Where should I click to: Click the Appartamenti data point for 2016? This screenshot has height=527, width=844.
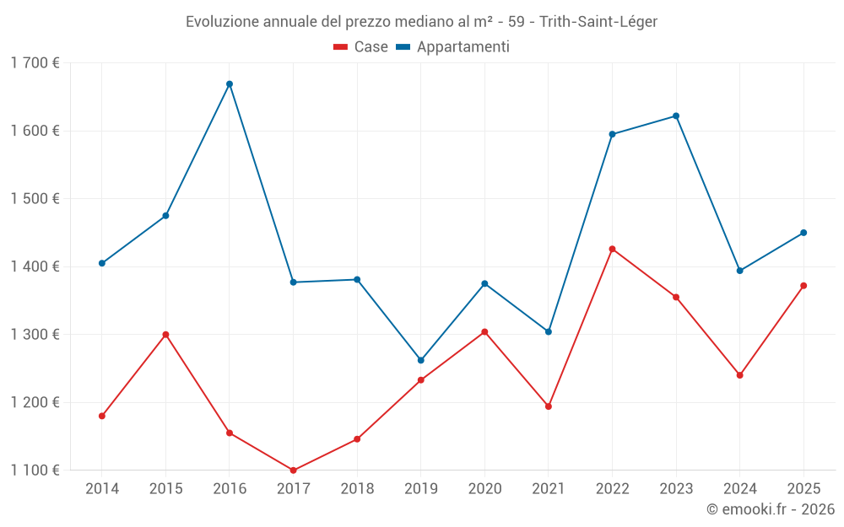click(x=230, y=84)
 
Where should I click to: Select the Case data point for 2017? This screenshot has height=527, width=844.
click(x=293, y=471)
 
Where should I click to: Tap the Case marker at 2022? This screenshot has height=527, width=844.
click(x=612, y=249)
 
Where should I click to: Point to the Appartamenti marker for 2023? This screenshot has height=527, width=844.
click(x=676, y=116)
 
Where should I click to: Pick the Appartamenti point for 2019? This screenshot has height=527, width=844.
click(x=421, y=360)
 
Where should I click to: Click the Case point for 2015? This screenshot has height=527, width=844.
click(x=165, y=335)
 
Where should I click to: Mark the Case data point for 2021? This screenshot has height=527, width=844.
click(x=549, y=406)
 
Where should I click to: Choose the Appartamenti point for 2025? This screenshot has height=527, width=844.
click(x=803, y=233)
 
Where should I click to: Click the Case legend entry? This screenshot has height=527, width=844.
click(x=361, y=47)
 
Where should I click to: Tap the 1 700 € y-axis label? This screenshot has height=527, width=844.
click(x=35, y=63)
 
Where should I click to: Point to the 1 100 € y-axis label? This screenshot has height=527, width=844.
click(x=35, y=471)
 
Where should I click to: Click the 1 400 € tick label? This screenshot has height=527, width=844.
click(x=35, y=266)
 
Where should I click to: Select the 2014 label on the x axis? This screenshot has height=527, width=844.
click(x=102, y=489)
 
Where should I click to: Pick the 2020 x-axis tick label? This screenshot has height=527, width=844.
click(x=484, y=489)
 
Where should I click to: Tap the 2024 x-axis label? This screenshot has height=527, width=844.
click(x=739, y=489)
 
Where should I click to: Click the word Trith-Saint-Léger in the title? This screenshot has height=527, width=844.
click(x=600, y=21)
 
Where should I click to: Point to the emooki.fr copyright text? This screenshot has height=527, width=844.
click(x=771, y=509)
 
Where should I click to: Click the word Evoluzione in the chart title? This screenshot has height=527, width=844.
click(x=221, y=21)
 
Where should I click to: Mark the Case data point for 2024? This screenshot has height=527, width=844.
click(x=739, y=375)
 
